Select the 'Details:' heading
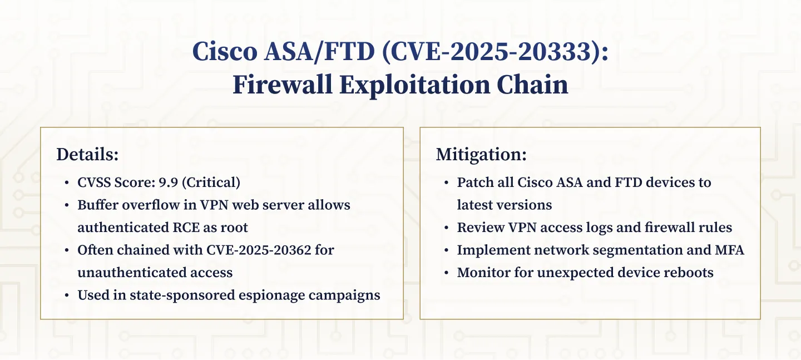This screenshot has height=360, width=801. pyautogui.click(x=87, y=155)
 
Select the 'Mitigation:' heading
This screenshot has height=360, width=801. pyautogui.click(x=481, y=155)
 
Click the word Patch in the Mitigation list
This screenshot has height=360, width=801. pyautogui.click(x=472, y=182)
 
